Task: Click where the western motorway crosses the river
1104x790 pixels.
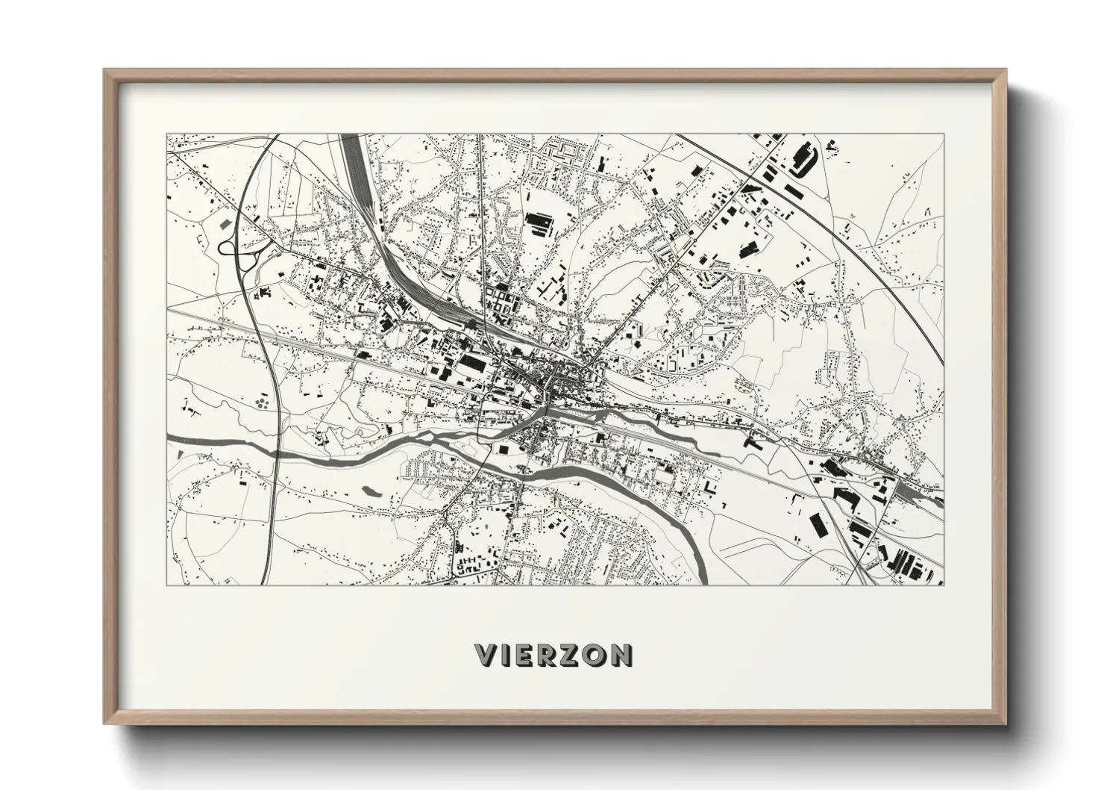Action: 276,452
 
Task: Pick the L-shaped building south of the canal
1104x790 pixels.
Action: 709,489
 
